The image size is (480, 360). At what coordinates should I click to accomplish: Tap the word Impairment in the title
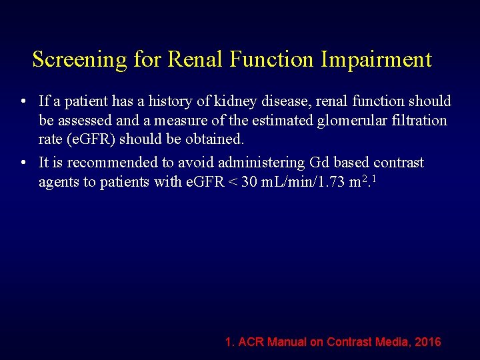click(376, 60)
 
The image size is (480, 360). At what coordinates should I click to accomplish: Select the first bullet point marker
click(23, 102)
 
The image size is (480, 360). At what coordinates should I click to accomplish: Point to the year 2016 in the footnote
click(427, 342)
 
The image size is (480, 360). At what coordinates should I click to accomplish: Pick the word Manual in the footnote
click(287, 342)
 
